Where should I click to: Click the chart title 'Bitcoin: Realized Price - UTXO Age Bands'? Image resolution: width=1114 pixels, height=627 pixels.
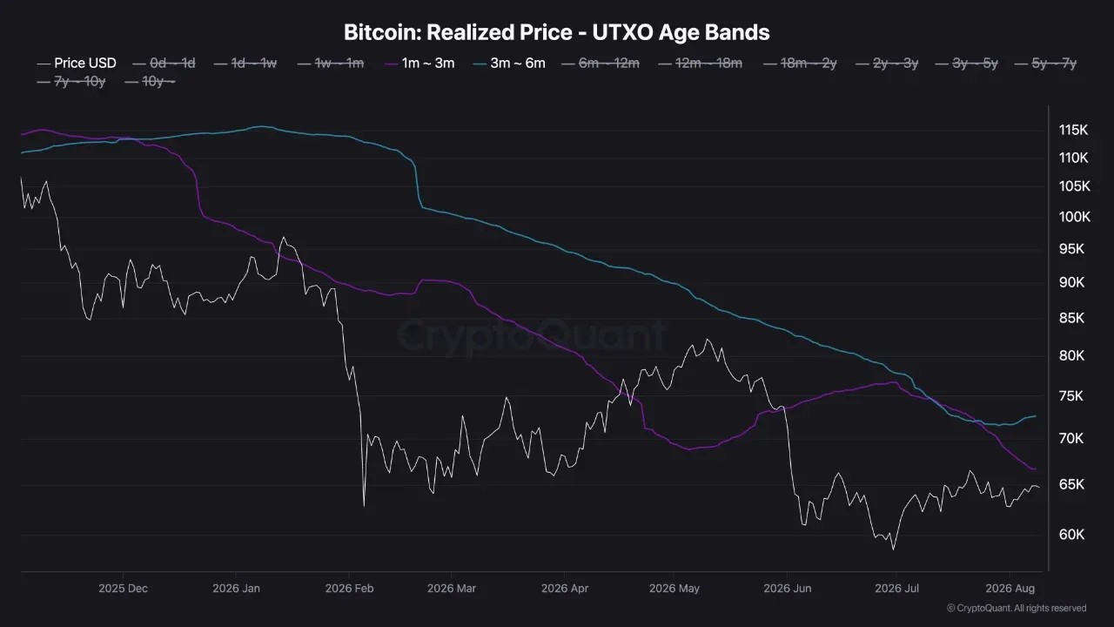coord(556,32)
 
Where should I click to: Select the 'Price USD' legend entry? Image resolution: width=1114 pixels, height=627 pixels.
coord(77,64)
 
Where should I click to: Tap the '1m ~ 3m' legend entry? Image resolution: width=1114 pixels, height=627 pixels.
coord(419,64)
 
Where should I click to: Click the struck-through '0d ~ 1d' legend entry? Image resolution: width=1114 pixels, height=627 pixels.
coord(164,64)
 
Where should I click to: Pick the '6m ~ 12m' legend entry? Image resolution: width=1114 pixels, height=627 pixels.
coord(601,64)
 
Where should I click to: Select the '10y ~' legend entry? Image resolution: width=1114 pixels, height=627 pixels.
coord(151,81)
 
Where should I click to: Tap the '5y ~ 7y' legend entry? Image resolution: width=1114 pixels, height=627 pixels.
coord(1045,64)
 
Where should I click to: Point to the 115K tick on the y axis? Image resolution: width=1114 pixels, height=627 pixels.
coord(1073,130)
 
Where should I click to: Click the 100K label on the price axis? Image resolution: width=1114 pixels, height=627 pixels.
coord(1074,217)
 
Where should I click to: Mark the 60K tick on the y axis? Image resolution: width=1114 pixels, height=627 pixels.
coord(1071,535)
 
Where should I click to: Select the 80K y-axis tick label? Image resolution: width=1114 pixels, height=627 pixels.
coord(1071,356)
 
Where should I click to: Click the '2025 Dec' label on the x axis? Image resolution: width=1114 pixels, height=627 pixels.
coord(123,588)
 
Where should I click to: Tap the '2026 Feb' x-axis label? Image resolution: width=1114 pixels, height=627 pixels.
coord(349,588)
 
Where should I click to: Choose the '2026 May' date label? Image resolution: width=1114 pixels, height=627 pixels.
coord(674,588)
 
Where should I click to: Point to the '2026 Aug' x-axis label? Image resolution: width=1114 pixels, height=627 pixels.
coord(1010,588)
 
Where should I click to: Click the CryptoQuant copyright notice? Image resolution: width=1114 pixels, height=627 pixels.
coord(1017,608)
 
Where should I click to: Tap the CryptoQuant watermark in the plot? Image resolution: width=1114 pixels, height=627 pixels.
coord(531,335)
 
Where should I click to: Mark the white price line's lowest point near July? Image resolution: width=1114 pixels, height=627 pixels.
coord(893,549)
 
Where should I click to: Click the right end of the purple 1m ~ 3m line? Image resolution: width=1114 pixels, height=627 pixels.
coord(1035,469)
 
